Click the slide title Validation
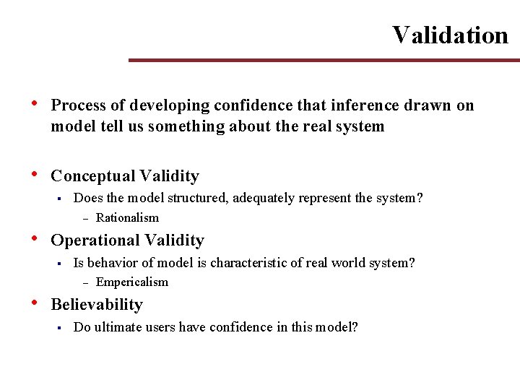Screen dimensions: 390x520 [450, 35]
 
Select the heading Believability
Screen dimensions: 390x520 [97, 304]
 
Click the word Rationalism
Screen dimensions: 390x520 [127, 217]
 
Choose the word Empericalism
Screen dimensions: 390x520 [131, 282]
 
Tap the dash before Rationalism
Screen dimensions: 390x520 [84, 218]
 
